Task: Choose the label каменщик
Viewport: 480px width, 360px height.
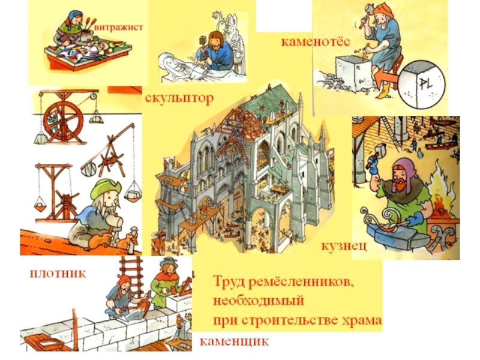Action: (234, 342)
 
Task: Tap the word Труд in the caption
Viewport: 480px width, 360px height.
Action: (229, 281)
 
